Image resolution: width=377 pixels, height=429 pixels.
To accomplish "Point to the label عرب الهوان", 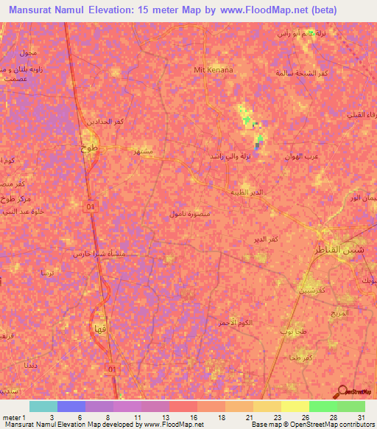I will [x=303, y=157].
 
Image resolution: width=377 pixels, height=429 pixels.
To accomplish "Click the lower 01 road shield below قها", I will [x=111, y=368].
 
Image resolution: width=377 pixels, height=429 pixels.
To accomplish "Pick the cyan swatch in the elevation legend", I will [x=43, y=406].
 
